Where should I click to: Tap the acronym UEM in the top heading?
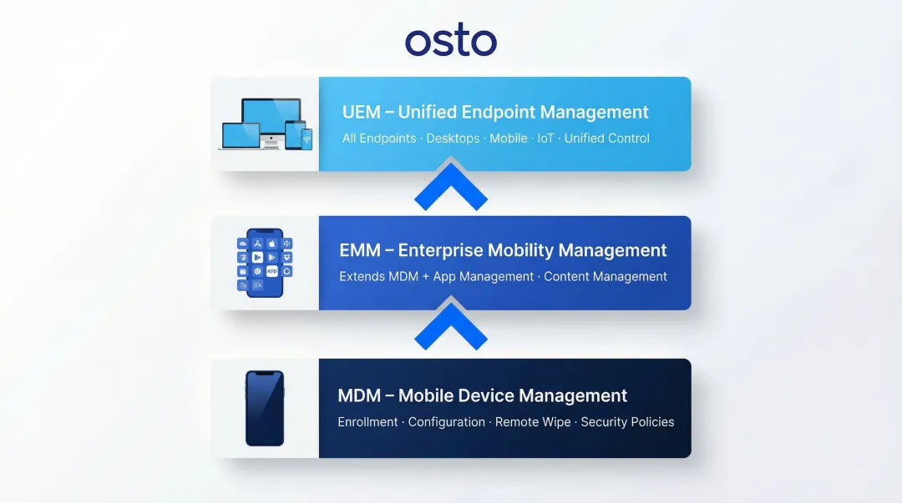coord(361,113)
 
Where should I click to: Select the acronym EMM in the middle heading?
coord(358,250)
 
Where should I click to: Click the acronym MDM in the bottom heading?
coord(359,395)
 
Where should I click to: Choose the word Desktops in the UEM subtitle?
coord(453,138)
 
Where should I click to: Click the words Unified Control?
coord(606,138)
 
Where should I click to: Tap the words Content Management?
coord(606,277)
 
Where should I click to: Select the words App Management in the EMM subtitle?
coord(484,277)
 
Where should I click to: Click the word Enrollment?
coord(367,422)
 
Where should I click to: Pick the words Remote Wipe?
coord(533,422)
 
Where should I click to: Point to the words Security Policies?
coord(627,422)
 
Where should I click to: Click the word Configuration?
coord(447,422)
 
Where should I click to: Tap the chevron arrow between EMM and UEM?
coord(451,188)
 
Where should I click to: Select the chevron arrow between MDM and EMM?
coord(451,327)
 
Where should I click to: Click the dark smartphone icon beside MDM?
coord(265,409)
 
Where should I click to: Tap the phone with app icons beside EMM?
coord(265,263)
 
